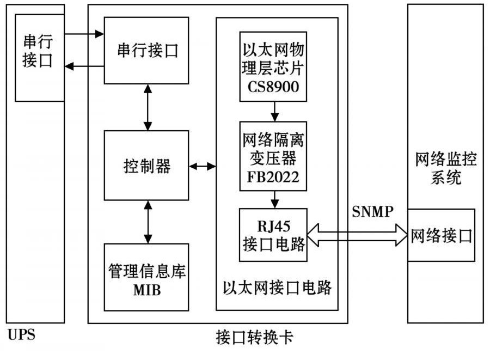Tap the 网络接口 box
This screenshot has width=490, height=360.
[442, 235]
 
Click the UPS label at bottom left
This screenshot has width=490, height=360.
[21, 334]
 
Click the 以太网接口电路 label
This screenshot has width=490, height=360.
[277, 287]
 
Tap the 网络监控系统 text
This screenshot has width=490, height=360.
[446, 169]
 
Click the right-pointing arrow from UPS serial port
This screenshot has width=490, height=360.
[84, 34]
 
